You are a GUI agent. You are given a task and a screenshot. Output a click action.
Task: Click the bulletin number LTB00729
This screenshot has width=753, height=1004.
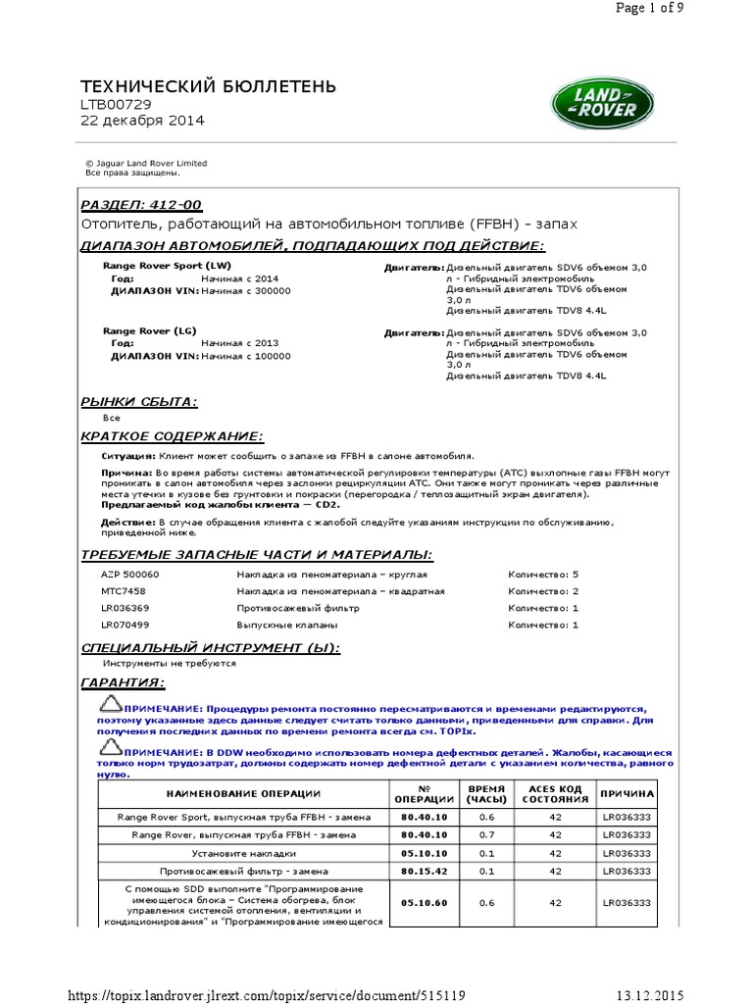[x=115, y=105]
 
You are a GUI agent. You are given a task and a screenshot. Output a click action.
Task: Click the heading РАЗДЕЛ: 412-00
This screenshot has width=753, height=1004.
[x=140, y=205]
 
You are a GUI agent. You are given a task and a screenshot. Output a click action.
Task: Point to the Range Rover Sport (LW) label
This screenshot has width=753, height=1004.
[x=168, y=266]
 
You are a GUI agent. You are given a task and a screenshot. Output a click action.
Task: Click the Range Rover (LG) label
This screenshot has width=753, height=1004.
[x=150, y=331]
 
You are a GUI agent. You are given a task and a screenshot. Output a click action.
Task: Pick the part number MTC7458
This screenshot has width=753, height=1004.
[x=123, y=591]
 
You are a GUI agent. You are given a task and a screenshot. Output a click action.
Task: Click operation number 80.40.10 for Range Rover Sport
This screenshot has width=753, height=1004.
[x=424, y=816]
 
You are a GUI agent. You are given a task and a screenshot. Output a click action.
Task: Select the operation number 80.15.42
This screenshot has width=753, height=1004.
[x=424, y=871]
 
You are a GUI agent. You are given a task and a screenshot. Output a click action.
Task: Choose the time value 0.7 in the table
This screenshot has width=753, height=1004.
[x=486, y=834]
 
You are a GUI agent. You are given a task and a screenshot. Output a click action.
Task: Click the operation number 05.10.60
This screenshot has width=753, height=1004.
[x=424, y=904]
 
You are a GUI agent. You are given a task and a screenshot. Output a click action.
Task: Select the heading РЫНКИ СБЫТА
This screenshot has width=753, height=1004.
[x=138, y=402]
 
